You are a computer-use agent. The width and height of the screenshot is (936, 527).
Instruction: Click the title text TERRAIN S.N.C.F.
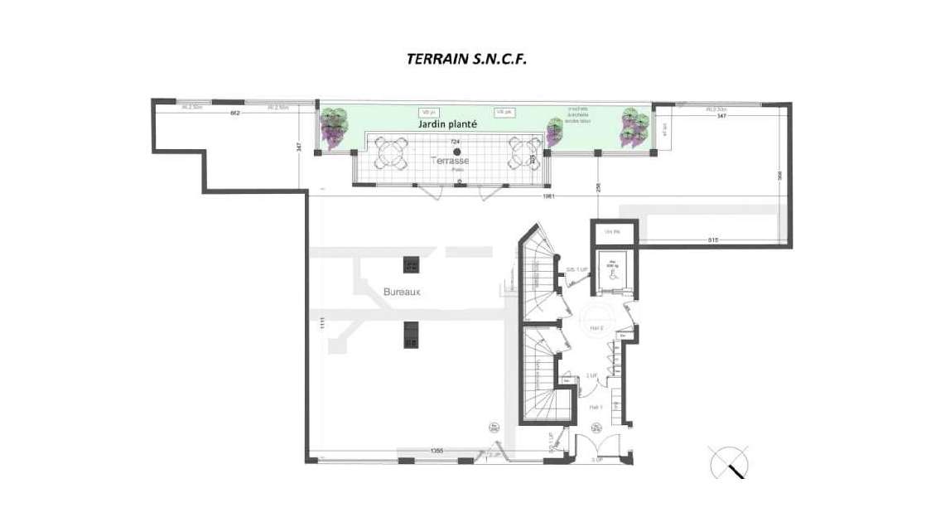[466, 60]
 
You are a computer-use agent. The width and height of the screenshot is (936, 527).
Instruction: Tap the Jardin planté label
[447, 123]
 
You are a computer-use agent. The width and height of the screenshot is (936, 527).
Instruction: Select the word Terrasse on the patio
[451, 160]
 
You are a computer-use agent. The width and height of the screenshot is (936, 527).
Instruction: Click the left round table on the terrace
[390, 153]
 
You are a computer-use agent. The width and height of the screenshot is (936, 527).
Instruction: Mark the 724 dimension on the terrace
[454, 142]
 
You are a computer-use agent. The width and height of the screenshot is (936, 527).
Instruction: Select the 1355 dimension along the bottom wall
[437, 451]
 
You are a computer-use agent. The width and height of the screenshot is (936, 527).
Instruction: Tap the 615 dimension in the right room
[712, 240]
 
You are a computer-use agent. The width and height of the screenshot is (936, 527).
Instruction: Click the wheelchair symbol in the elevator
[614, 276]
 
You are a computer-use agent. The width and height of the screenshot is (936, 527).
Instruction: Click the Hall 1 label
[595, 407]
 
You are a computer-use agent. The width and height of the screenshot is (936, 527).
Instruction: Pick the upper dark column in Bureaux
[411, 264]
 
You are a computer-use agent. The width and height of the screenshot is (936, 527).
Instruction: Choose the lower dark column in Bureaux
[410, 335]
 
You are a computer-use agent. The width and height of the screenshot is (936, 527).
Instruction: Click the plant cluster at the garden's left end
[335, 127]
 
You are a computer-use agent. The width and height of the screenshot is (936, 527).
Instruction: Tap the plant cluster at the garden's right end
[634, 127]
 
